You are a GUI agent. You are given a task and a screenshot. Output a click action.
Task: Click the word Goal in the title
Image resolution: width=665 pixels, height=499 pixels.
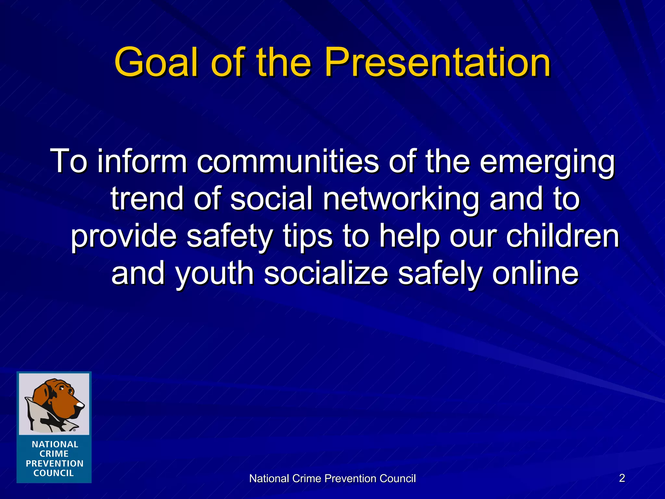(156, 62)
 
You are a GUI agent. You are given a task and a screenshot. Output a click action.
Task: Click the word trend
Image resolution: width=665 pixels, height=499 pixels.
(147, 199)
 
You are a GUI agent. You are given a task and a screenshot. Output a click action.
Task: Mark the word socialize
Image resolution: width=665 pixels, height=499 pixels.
(326, 274)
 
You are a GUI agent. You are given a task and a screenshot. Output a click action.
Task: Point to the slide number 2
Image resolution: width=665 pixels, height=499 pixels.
(622, 478)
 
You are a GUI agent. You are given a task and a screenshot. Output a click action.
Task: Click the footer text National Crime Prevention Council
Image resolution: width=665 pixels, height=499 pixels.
(332, 479)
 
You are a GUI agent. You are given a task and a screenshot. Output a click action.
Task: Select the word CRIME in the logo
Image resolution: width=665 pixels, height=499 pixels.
(54, 454)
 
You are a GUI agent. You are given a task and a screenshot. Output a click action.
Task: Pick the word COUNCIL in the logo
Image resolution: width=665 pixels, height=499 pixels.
(54, 473)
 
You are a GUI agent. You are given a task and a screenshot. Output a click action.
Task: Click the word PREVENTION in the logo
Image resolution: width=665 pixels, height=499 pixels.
(55, 464)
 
